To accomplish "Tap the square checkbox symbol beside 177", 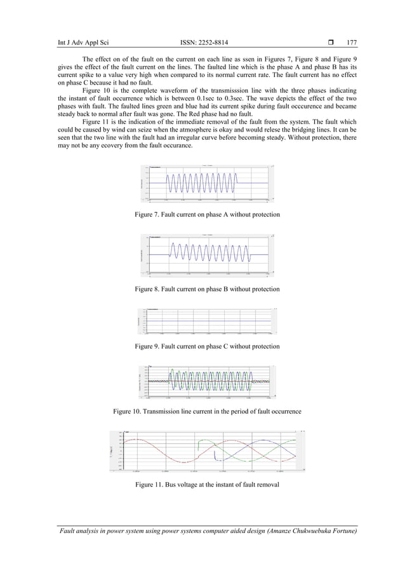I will (x=329, y=43).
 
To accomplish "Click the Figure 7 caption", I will (x=208, y=215).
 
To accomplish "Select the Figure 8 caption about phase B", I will (x=208, y=289).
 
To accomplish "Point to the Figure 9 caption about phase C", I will (x=208, y=346).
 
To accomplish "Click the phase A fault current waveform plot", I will (x=208, y=184).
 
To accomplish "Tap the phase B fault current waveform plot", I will (x=208, y=255).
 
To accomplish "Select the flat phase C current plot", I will (x=208, y=321).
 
